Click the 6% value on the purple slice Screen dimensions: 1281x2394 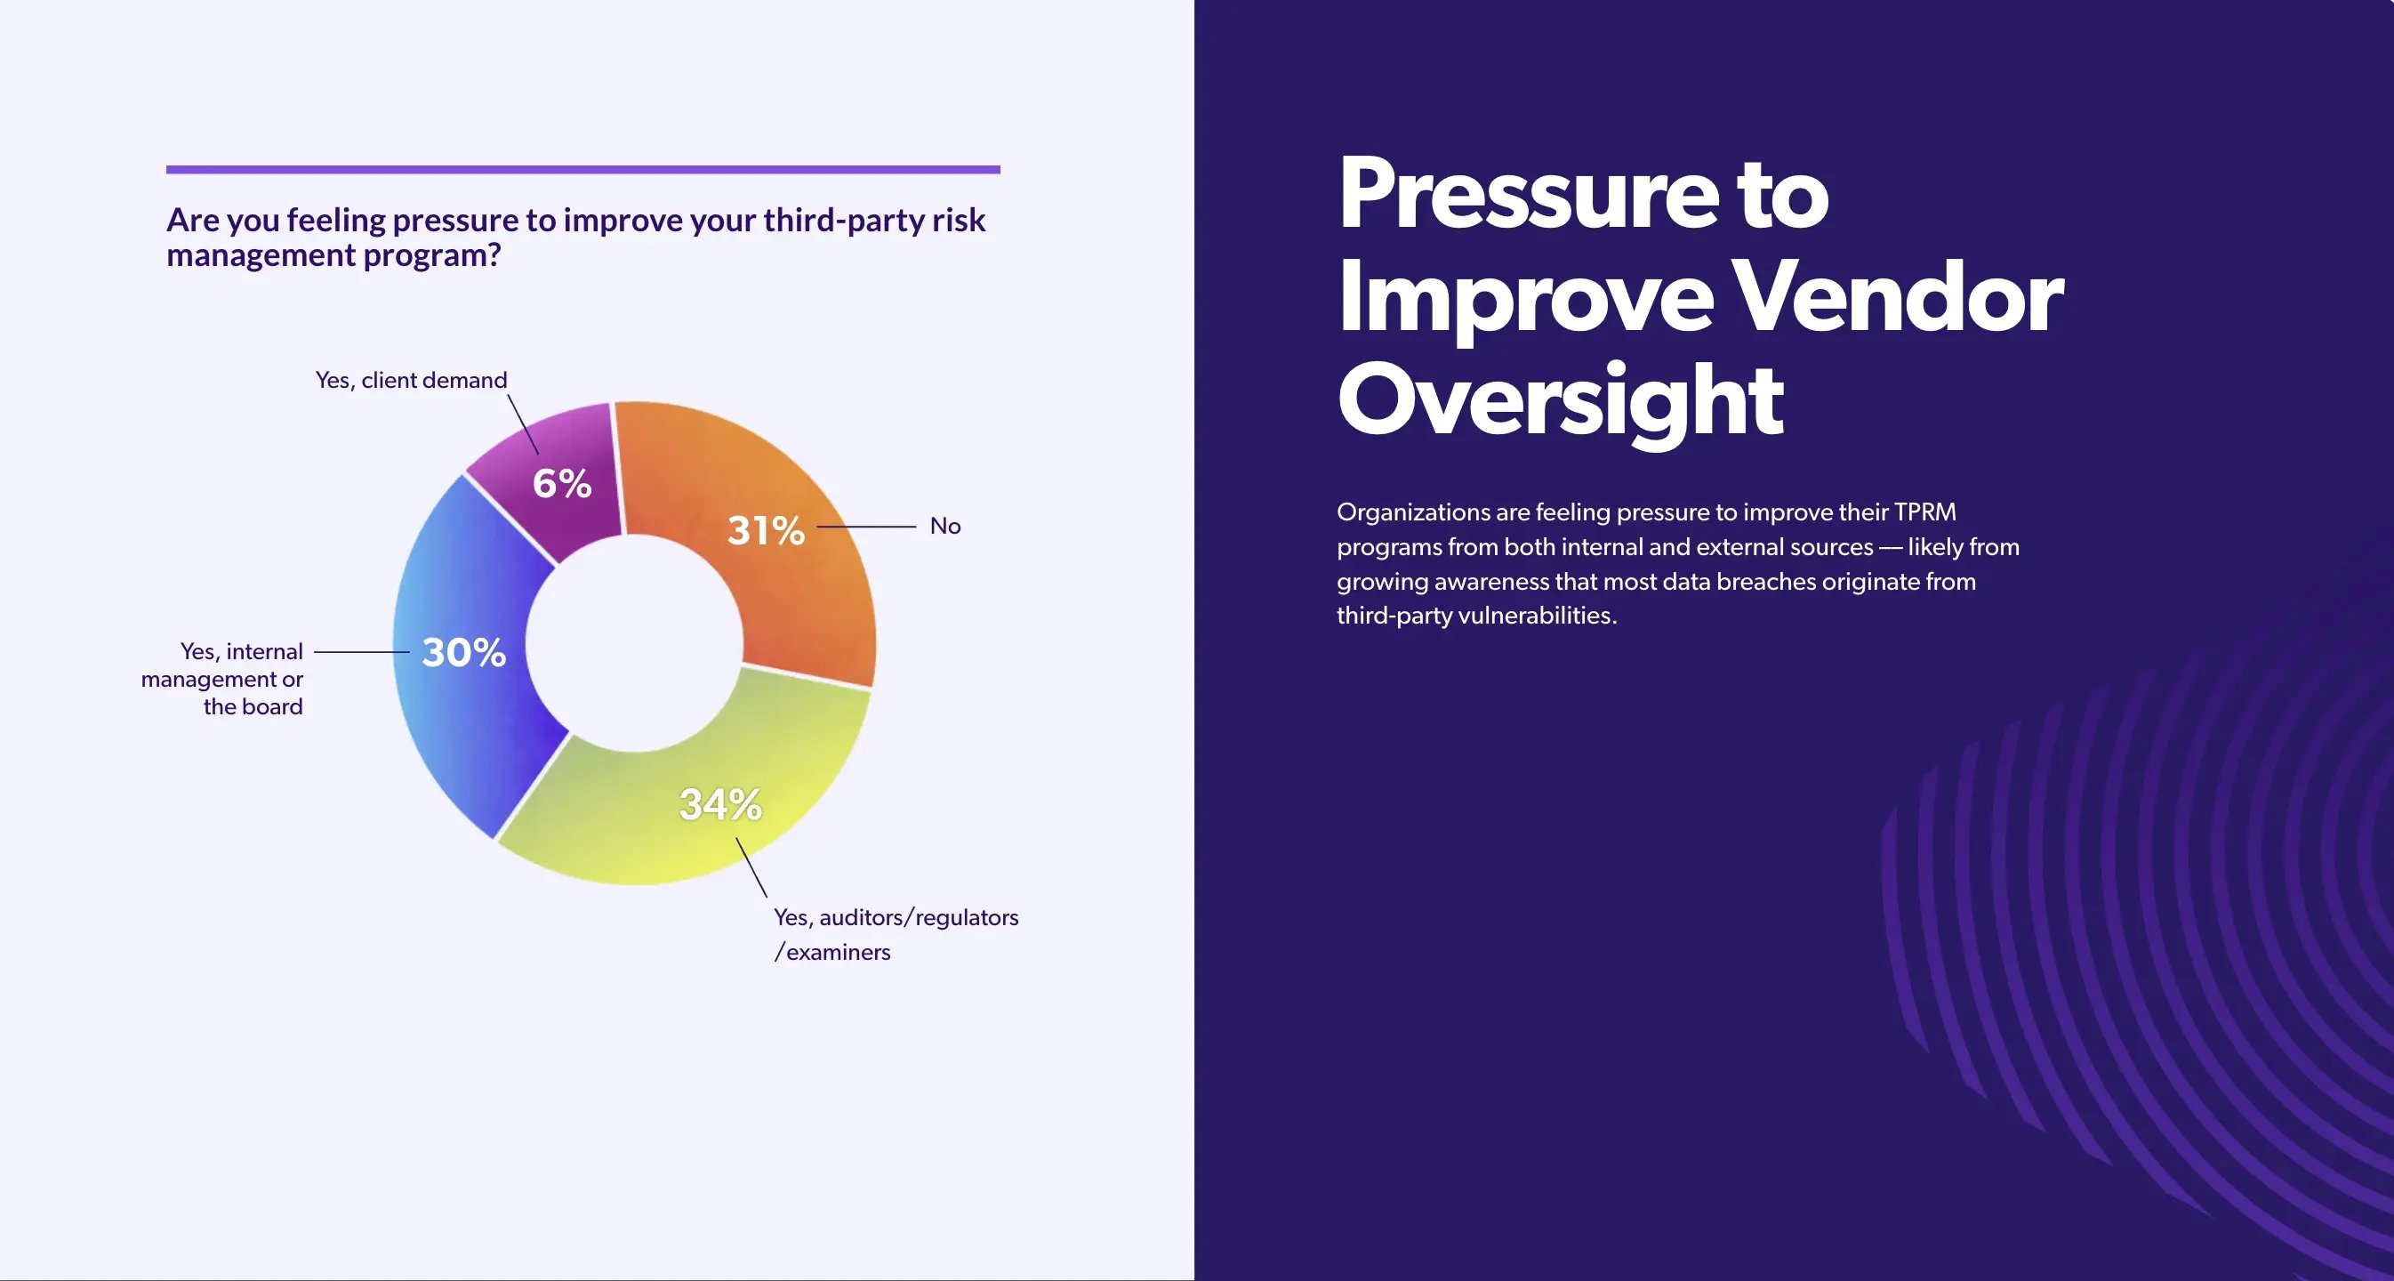pyautogui.click(x=561, y=483)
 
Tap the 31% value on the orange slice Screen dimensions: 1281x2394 pyautogui.click(x=766, y=531)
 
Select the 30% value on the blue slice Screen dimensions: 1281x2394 pyautogui.click(x=463, y=652)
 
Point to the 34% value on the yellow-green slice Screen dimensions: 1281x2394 pyautogui.click(x=720, y=804)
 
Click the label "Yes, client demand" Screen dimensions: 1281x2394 pyautogui.click(x=411, y=380)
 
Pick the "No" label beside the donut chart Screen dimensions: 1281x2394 pyautogui.click(x=945, y=526)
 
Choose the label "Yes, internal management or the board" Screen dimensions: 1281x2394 pyautogui.click(x=223, y=679)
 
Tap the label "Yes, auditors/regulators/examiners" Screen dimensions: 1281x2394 pyautogui.click(x=895, y=933)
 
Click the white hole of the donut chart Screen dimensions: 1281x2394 pyautogui.click(x=634, y=643)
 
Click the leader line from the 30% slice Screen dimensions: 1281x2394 pyautogui.click(x=362, y=652)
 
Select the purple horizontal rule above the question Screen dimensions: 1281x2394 pyautogui.click(x=582, y=170)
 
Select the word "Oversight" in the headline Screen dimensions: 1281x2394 pyautogui.click(x=1561, y=400)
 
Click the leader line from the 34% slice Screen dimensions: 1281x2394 pyautogui.click(x=751, y=867)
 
